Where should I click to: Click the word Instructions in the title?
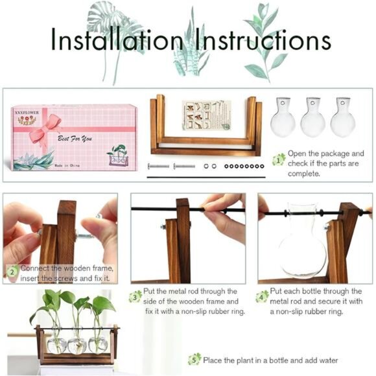257,40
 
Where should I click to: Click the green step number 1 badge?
279,159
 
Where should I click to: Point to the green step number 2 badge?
11,272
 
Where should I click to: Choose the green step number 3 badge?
135,296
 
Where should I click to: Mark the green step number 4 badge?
262,296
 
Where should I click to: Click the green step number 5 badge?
194,359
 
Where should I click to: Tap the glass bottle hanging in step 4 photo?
303,240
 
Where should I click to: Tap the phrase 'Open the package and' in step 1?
326,154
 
